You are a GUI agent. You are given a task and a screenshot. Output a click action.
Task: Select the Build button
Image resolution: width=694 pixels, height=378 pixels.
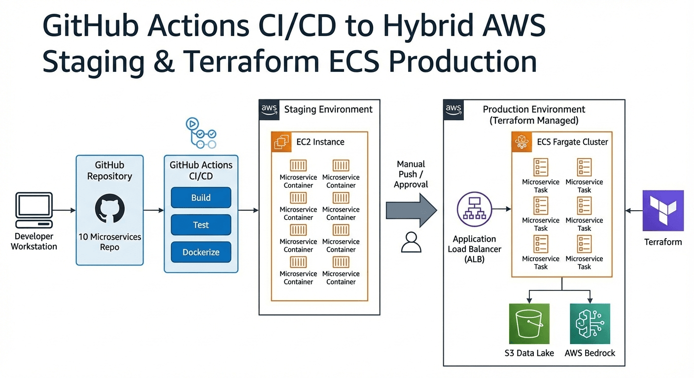coord(201,198)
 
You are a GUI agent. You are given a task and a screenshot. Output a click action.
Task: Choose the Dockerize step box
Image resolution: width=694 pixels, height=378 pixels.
coord(201,252)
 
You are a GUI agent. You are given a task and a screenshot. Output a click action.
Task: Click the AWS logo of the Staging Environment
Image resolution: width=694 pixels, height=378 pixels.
coord(269,109)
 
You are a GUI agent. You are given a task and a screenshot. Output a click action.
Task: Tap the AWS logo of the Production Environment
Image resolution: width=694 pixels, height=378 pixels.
coord(453,109)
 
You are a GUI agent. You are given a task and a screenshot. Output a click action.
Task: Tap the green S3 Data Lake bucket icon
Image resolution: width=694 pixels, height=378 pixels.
coord(529,323)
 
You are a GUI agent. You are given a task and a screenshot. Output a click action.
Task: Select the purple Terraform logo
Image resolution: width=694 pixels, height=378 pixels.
coord(663,211)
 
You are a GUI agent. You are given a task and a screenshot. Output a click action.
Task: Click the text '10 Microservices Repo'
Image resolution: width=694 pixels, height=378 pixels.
coord(109,242)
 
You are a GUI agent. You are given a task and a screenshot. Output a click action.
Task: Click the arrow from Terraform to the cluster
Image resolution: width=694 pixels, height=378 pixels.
coord(633,211)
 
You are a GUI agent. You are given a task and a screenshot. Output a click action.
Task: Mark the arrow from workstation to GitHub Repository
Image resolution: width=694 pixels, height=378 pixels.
coord(64,211)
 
